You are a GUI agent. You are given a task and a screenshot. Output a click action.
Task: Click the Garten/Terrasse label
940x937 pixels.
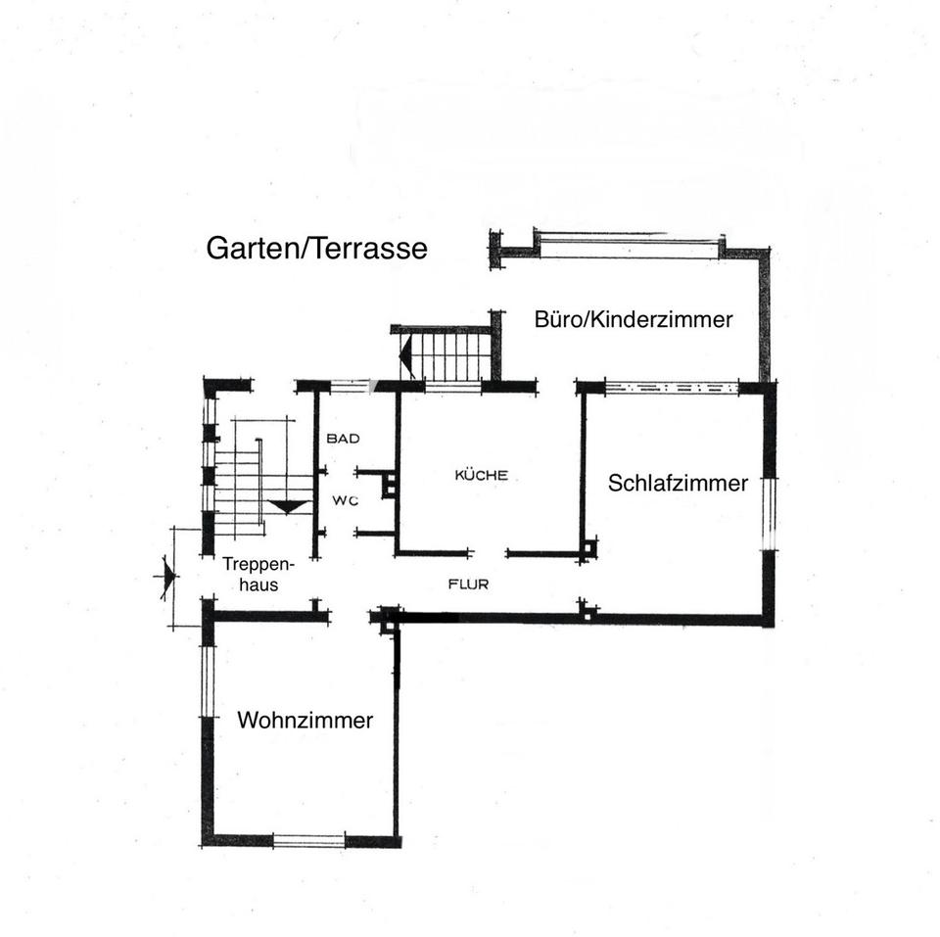[x=316, y=249]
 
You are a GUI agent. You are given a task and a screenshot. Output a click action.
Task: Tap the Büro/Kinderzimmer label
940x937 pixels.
[x=634, y=319]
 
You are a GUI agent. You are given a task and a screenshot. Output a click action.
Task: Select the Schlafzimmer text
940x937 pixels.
[x=678, y=483]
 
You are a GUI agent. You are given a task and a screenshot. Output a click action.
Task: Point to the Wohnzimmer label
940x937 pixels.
[x=305, y=721]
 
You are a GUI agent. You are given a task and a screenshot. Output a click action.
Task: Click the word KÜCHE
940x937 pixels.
[x=481, y=476]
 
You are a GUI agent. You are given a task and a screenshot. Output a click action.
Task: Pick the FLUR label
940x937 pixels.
[x=468, y=585]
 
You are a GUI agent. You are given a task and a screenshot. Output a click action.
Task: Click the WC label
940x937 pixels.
[x=344, y=501]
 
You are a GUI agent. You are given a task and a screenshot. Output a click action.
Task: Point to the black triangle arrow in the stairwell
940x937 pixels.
[x=287, y=506]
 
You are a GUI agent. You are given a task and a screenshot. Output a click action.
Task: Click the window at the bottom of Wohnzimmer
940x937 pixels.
[x=308, y=840]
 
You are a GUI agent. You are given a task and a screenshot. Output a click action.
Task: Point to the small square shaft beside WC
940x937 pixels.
[x=390, y=484]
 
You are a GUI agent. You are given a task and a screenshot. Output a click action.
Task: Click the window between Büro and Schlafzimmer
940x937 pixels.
[x=671, y=388]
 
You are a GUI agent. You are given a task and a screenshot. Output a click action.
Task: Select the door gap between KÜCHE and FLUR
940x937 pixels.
[x=490, y=554]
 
